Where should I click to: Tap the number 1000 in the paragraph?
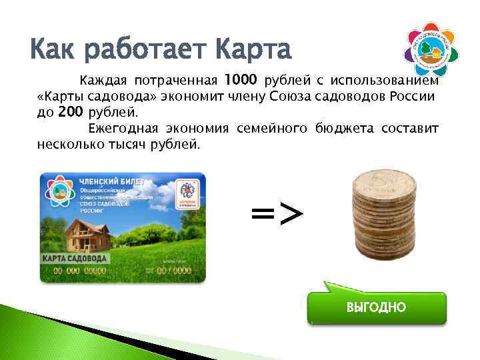coord(241,81)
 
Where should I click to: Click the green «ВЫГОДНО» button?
coord(376,307)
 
